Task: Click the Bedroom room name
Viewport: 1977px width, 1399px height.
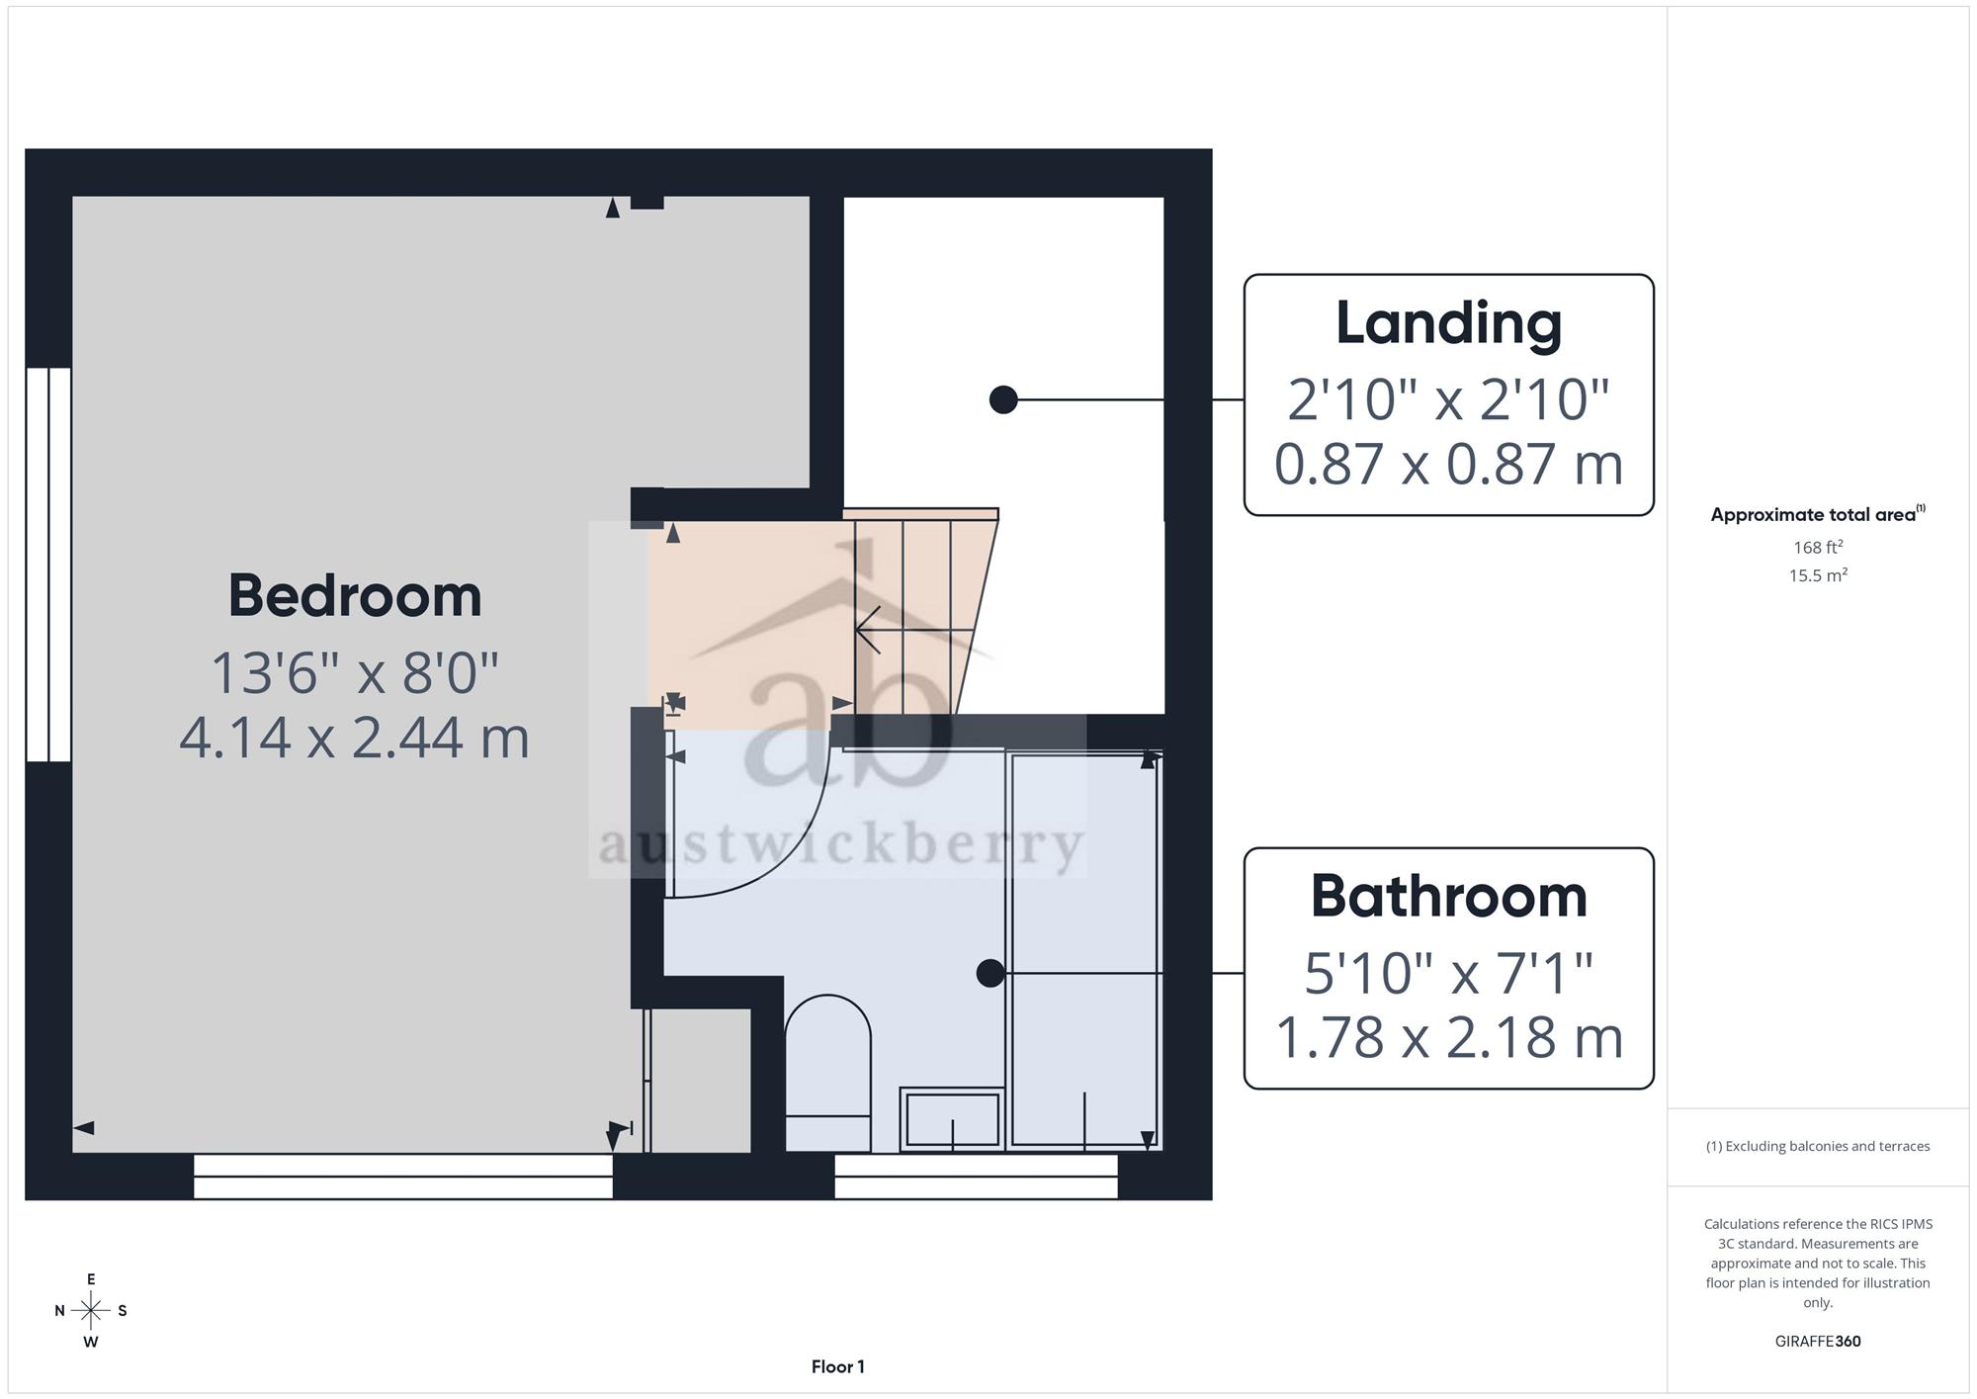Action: (x=355, y=596)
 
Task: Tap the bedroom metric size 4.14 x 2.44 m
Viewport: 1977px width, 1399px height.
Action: (x=355, y=738)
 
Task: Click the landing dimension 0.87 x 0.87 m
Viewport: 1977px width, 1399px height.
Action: (x=1448, y=464)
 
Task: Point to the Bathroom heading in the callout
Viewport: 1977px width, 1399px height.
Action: (x=1448, y=896)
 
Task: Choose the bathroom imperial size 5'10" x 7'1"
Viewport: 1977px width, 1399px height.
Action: (x=1448, y=974)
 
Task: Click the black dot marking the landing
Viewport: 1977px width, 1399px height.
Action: (x=1003, y=399)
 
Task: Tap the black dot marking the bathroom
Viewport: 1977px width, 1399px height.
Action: (x=989, y=973)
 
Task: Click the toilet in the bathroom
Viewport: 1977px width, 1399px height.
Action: (x=827, y=1073)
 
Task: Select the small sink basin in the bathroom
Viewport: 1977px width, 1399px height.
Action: (x=952, y=1119)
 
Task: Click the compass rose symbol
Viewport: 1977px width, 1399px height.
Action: (x=91, y=1311)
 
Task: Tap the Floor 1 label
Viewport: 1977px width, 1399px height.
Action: (x=837, y=1366)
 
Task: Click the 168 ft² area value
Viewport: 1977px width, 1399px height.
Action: (x=1818, y=547)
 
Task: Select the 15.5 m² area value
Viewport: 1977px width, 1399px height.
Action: (x=1818, y=574)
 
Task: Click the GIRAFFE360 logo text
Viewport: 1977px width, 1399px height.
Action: (x=1818, y=1341)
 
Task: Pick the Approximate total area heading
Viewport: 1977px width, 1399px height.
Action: (x=1818, y=514)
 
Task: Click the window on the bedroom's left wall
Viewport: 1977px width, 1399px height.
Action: (x=48, y=565)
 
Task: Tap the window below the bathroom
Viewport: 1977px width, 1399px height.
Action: (x=976, y=1177)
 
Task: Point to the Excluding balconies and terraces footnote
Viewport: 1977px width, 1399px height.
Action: (x=1818, y=1146)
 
